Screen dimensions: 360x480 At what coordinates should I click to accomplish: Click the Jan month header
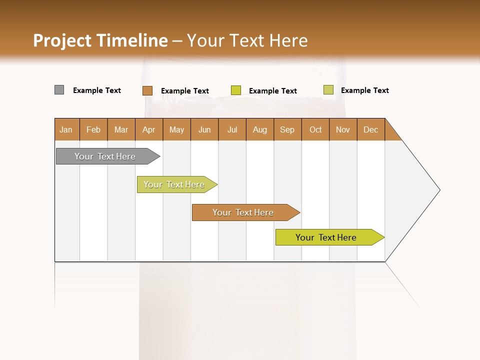[x=66, y=129]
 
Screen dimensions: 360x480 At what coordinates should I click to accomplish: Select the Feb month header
[x=93, y=129]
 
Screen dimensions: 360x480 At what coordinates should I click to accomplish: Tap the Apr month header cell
[x=149, y=129]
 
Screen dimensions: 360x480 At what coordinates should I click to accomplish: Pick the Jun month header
[x=204, y=129]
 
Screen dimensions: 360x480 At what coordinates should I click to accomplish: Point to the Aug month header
[x=260, y=129]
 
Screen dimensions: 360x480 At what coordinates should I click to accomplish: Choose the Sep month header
[x=287, y=129]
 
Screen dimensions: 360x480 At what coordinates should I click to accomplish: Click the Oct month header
[x=315, y=129]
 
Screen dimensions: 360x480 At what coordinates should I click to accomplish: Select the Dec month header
[x=371, y=129]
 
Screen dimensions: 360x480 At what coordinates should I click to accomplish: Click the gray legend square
[x=59, y=90]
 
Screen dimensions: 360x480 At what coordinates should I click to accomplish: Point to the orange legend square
[x=147, y=90]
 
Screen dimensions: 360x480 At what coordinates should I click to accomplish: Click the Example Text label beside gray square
[x=97, y=90]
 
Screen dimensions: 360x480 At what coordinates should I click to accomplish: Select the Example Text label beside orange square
[x=185, y=91]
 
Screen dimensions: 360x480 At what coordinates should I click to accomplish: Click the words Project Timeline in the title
[x=100, y=40]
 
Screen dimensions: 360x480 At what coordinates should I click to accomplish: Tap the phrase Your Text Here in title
[x=247, y=40]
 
